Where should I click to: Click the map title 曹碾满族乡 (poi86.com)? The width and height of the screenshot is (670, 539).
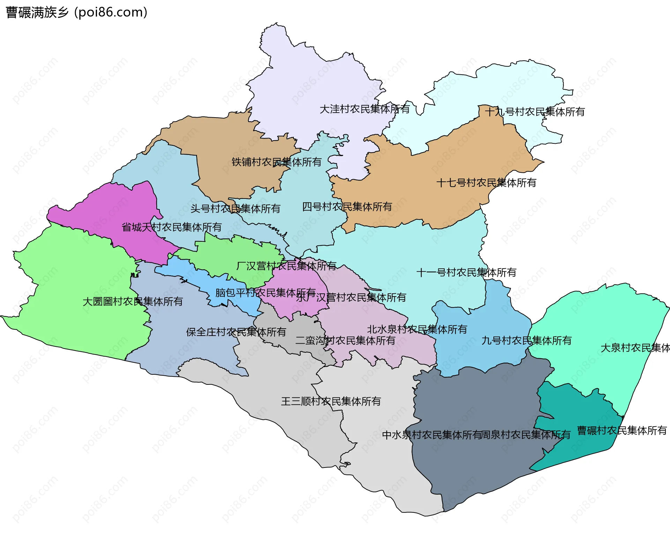click(77, 13)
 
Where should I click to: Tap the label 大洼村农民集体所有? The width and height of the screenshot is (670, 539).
click(365, 109)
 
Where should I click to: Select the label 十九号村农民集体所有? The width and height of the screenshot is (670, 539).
click(535, 112)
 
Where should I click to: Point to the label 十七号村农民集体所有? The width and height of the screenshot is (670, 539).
click(486, 183)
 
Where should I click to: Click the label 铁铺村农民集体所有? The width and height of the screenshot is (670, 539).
click(276, 162)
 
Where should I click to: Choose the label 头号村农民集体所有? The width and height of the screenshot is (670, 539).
click(235, 209)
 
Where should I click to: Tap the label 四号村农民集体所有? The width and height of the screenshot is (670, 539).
click(347, 207)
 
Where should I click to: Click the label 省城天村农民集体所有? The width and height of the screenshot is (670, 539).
click(171, 227)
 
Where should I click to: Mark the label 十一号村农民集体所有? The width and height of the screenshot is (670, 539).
click(466, 273)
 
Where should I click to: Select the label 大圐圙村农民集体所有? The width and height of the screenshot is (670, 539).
click(133, 302)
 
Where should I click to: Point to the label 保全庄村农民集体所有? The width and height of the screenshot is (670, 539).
click(236, 332)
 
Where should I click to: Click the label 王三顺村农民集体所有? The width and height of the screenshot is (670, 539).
click(331, 402)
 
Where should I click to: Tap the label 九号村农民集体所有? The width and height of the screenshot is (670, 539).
click(526, 341)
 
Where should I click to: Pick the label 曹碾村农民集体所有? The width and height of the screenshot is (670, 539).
click(622, 431)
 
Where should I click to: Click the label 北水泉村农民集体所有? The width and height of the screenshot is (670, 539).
click(417, 330)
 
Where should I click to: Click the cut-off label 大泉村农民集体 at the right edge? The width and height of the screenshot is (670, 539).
click(635, 348)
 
